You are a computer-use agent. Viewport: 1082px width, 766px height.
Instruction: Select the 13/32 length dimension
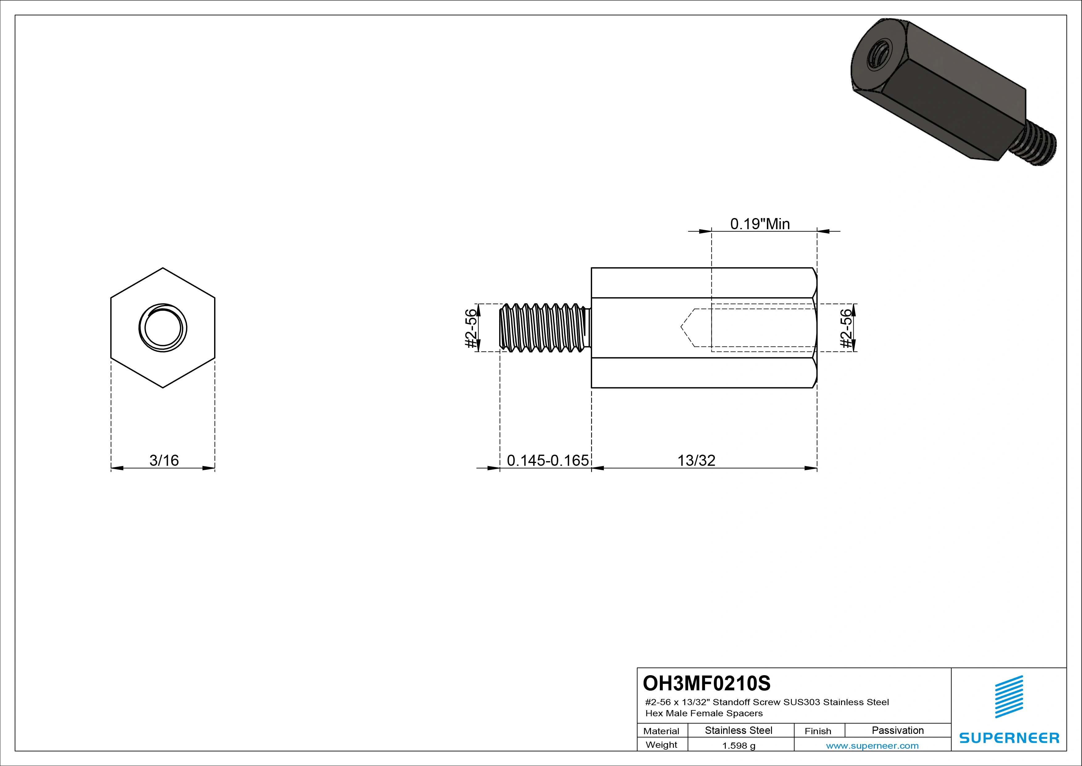coord(696,460)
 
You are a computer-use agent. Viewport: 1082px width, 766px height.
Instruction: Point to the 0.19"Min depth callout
coord(760,224)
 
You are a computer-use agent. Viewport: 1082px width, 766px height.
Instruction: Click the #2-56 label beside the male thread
coord(471,328)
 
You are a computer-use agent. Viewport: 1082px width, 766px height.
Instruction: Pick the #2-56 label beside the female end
coord(847,328)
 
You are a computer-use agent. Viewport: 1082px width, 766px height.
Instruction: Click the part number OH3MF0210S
coord(707,683)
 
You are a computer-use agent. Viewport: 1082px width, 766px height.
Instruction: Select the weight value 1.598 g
coord(738,746)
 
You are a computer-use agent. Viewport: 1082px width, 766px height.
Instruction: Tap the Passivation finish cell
coord(897,730)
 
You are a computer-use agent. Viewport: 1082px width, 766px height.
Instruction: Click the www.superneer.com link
coord(872,746)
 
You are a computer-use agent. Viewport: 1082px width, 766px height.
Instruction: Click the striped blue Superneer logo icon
coord(1009,697)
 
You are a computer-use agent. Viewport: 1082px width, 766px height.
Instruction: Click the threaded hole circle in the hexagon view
coord(163,328)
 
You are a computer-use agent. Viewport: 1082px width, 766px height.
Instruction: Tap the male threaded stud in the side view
coord(544,328)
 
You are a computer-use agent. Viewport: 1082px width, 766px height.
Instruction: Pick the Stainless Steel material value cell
coord(738,730)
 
